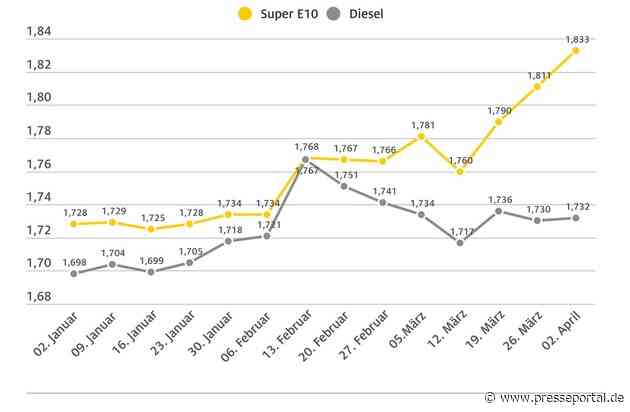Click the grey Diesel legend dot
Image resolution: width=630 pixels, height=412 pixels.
point(330,14)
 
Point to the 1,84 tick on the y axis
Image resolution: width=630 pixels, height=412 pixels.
point(40,32)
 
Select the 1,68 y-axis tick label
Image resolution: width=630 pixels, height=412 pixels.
point(40,296)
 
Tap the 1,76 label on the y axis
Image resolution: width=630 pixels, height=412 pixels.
point(40,164)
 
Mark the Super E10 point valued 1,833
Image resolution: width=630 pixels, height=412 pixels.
point(576,50)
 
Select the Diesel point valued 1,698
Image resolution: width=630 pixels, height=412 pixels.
point(73,273)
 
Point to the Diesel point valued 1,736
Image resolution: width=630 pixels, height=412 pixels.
point(498,211)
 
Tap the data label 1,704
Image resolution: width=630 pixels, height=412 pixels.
point(112,253)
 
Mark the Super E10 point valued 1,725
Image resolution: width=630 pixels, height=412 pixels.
point(151,229)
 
